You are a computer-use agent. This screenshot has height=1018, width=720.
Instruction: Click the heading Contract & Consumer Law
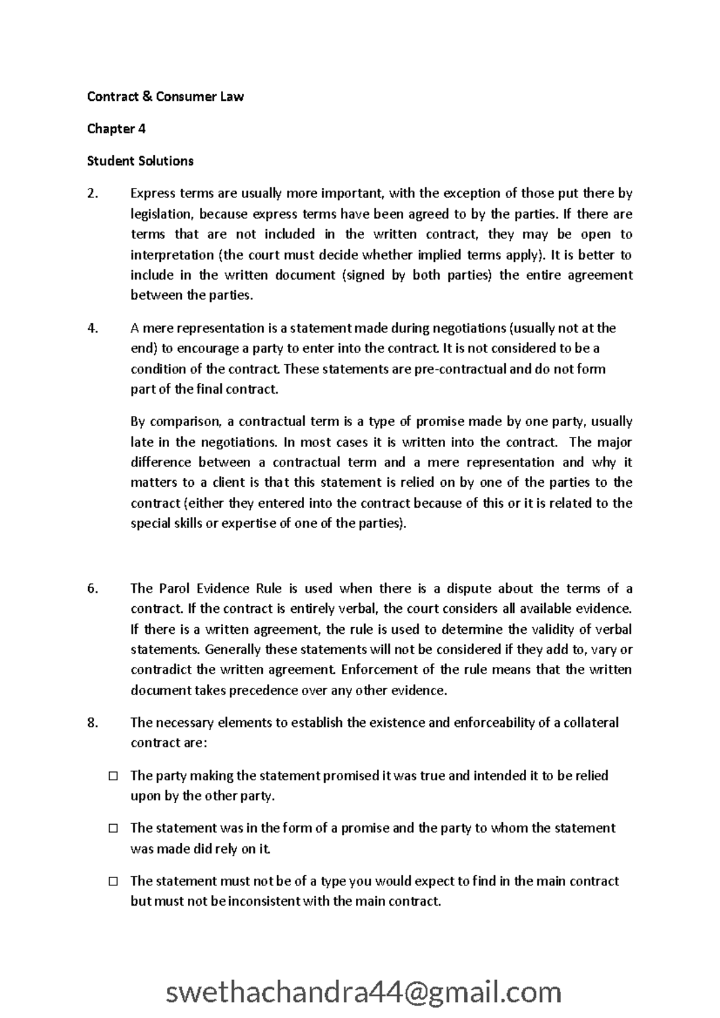pyautogui.click(x=165, y=97)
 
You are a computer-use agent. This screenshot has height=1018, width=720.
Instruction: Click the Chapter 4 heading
pyautogui.click(x=116, y=128)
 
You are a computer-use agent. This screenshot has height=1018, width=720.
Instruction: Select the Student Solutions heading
pyautogui.click(x=140, y=161)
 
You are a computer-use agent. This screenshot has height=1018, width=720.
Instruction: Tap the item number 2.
pyautogui.click(x=92, y=193)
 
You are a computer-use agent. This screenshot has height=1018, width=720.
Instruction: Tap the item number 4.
pyautogui.click(x=92, y=328)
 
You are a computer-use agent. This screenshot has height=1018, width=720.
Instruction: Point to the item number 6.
pyautogui.click(x=92, y=588)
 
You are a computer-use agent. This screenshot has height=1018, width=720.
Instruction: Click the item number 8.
pyautogui.click(x=92, y=723)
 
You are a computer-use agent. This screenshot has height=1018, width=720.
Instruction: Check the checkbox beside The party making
pyautogui.click(x=113, y=776)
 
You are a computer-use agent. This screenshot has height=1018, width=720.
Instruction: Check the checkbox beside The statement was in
pyautogui.click(x=113, y=828)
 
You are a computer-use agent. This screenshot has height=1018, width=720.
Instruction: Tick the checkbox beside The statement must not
pyautogui.click(x=113, y=881)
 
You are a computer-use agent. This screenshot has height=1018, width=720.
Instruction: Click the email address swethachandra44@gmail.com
pyautogui.click(x=363, y=975)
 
